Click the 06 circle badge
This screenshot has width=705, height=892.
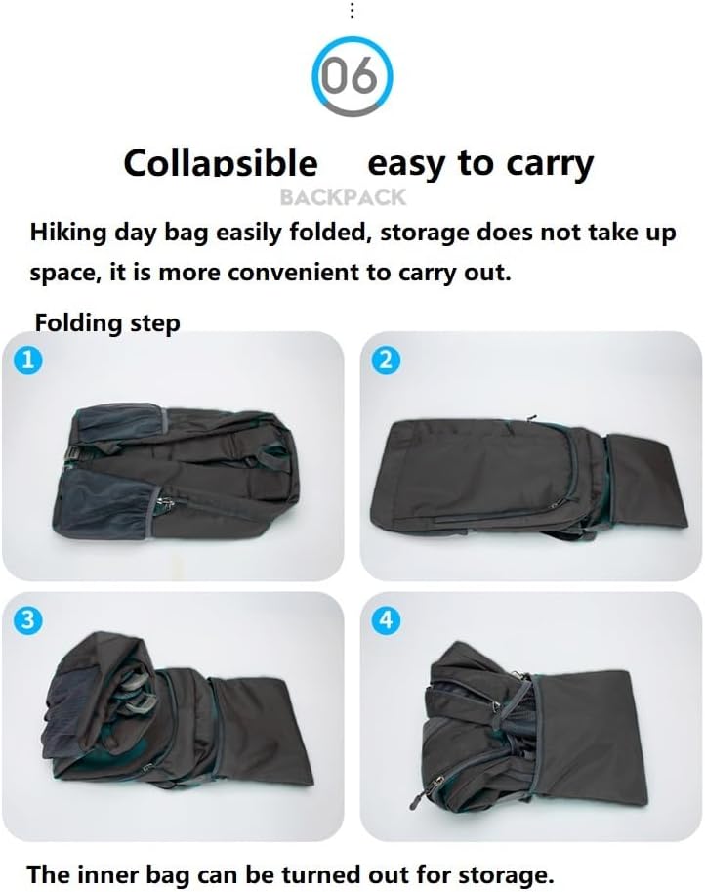[x=352, y=76]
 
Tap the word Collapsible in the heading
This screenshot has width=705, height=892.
[x=221, y=164]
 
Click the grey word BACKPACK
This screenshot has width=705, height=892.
[x=343, y=197]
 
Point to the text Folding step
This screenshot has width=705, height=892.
[x=107, y=322]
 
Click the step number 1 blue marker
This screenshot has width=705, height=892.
[x=28, y=360]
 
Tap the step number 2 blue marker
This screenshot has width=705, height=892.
[x=386, y=360]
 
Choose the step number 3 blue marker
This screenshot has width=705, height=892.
[x=28, y=619]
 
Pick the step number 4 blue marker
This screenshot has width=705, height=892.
[x=386, y=619]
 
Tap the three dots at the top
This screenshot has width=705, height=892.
[x=352, y=10]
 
